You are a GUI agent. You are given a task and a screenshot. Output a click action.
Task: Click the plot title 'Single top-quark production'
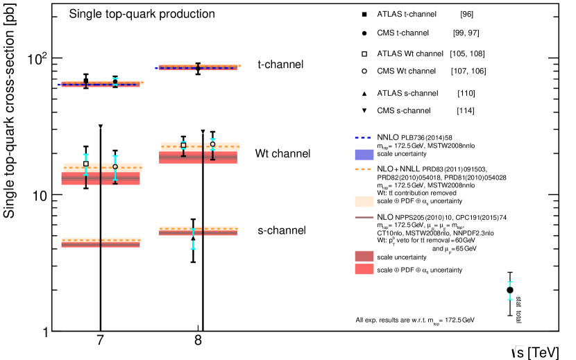[x=142, y=14]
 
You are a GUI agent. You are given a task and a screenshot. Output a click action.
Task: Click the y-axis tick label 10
[x=42, y=195]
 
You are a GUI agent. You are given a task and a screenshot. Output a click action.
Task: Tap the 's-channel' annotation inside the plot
[x=280, y=230]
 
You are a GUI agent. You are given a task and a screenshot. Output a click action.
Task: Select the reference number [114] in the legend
[x=465, y=111]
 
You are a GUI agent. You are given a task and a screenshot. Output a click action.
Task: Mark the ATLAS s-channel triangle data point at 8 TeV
[x=193, y=238]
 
